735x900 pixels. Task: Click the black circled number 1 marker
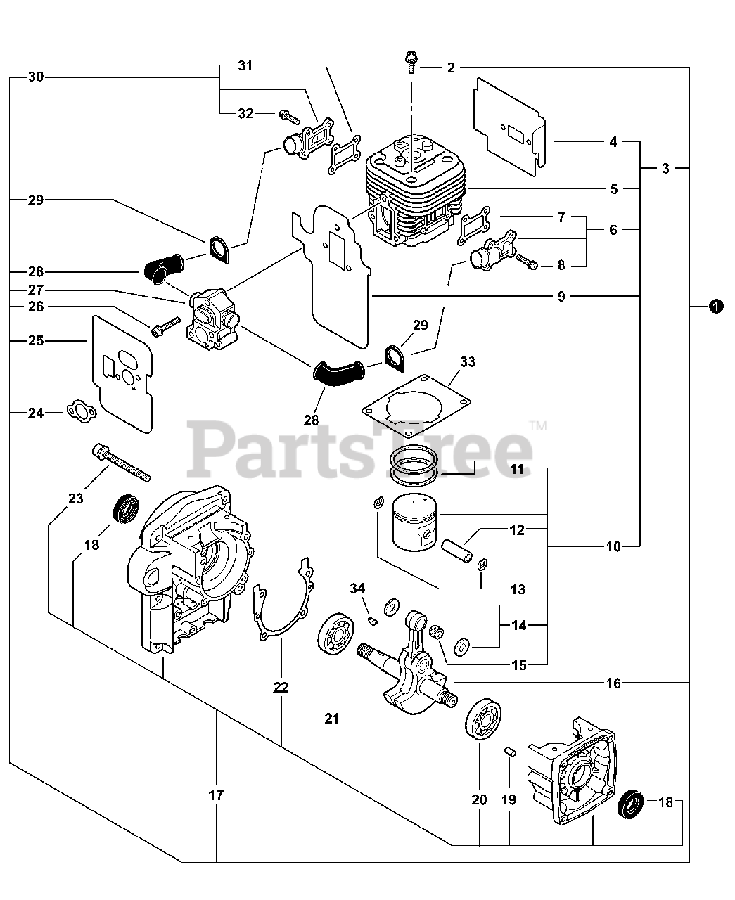click(716, 307)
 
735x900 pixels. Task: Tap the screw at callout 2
click(411, 62)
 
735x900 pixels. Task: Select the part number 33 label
click(468, 362)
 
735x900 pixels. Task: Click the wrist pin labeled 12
click(456, 551)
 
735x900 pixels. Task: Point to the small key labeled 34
click(373, 620)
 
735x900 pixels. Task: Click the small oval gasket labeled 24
click(82, 411)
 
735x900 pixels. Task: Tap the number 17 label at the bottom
click(216, 795)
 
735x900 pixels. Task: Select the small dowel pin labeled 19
click(510, 751)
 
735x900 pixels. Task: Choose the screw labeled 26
click(165, 327)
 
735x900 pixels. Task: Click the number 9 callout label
click(561, 296)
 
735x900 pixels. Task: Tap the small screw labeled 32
click(290, 115)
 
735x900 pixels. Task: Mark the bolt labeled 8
click(527, 261)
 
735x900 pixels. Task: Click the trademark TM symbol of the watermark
click(538, 425)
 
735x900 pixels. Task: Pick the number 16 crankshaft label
click(613, 683)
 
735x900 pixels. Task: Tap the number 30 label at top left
click(36, 77)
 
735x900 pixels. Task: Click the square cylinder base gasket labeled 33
click(416, 406)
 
